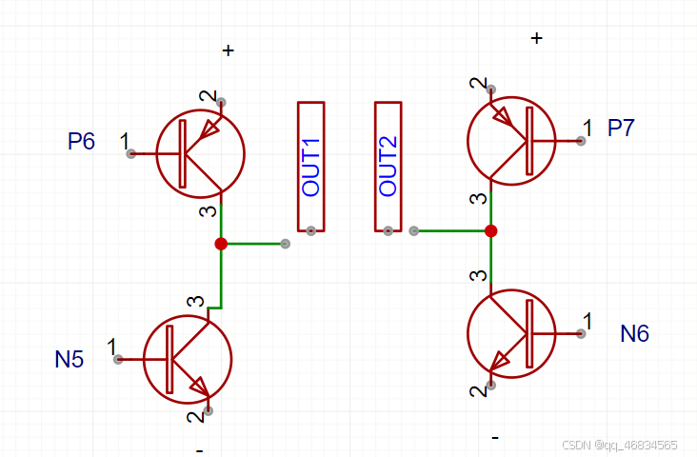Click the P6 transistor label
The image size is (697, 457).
(82, 142)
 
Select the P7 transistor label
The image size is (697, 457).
(621, 129)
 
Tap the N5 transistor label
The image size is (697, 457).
(70, 359)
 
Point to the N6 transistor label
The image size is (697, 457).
(634, 333)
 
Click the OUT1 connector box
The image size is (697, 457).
(311, 167)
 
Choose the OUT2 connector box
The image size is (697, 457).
(388, 167)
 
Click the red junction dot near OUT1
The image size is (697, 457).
(221, 244)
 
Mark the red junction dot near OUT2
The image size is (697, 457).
(491, 230)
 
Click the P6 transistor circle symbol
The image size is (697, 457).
(200, 153)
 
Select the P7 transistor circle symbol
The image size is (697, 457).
(511, 140)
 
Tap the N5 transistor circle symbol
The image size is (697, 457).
(188, 359)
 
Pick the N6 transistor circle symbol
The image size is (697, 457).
(511, 333)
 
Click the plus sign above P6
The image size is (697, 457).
(228, 50)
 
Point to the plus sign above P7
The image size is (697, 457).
(537, 38)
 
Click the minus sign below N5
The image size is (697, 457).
(199, 448)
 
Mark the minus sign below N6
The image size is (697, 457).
(495, 437)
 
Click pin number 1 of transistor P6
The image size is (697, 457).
(125, 142)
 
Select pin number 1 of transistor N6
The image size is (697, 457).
(587, 321)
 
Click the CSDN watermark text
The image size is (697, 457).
(619, 445)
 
